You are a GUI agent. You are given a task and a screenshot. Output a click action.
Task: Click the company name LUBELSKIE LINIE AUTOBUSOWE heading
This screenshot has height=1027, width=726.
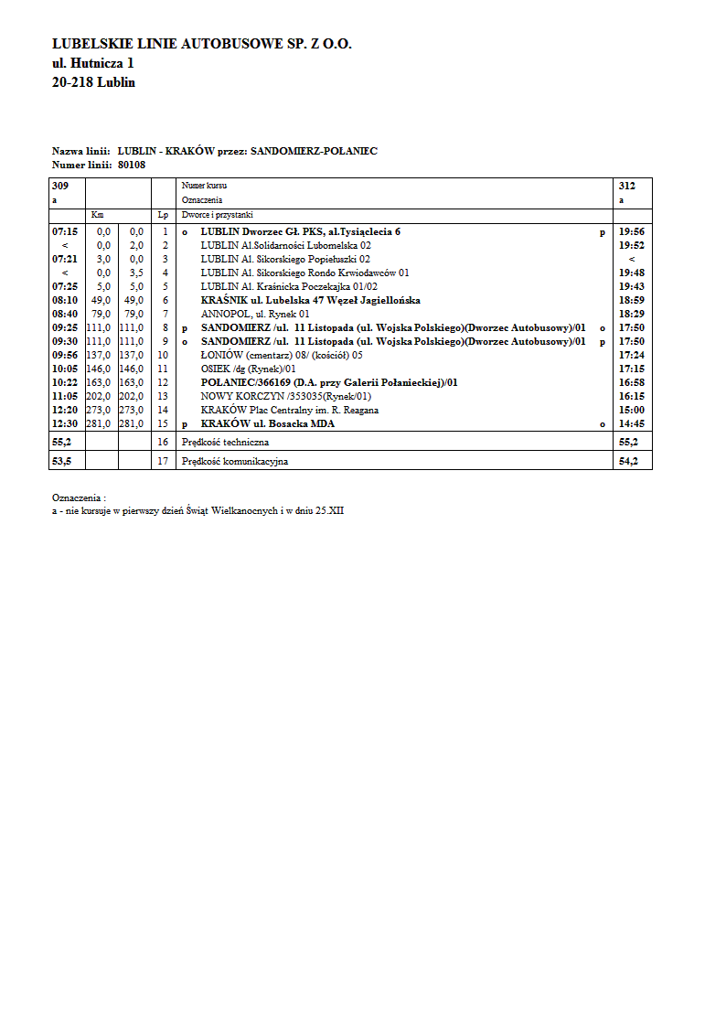pyautogui.click(x=202, y=44)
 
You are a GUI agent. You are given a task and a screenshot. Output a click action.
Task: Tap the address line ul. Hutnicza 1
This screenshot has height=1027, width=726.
pyautogui.click(x=93, y=63)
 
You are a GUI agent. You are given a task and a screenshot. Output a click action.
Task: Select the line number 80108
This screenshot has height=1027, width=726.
pyautogui.click(x=132, y=165)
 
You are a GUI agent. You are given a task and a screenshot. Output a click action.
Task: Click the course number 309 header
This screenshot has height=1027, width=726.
pyautogui.click(x=60, y=186)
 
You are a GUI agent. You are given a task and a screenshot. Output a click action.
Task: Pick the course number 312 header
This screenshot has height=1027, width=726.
pyautogui.click(x=626, y=186)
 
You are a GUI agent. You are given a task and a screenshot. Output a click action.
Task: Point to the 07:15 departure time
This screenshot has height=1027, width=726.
pyautogui.click(x=65, y=232)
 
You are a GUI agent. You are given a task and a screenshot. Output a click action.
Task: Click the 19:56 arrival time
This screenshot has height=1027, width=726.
pyautogui.click(x=632, y=232)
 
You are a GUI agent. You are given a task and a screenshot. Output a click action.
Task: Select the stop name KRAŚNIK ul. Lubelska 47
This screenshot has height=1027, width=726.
pyautogui.click(x=310, y=300)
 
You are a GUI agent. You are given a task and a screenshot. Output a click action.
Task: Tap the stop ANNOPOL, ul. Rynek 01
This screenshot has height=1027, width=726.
pyautogui.click(x=255, y=314)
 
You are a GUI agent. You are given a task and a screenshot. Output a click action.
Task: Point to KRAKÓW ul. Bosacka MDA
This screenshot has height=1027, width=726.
pyautogui.click(x=268, y=424)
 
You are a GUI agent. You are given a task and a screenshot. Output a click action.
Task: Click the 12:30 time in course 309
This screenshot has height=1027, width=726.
pyautogui.click(x=65, y=424)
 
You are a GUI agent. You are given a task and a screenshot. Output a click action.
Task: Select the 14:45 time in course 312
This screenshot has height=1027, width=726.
pyautogui.click(x=632, y=424)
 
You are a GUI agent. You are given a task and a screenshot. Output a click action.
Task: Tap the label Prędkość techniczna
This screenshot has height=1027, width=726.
pyautogui.click(x=225, y=442)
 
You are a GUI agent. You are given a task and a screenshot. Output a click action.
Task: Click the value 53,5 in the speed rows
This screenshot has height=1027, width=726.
pyautogui.click(x=62, y=461)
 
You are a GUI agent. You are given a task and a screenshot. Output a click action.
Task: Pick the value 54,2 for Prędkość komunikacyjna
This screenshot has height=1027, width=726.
pyautogui.click(x=631, y=461)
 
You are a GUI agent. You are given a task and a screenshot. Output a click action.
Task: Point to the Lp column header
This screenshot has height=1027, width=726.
pyautogui.click(x=163, y=214)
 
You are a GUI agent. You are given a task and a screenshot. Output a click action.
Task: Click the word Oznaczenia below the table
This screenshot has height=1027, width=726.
pyautogui.click(x=77, y=497)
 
